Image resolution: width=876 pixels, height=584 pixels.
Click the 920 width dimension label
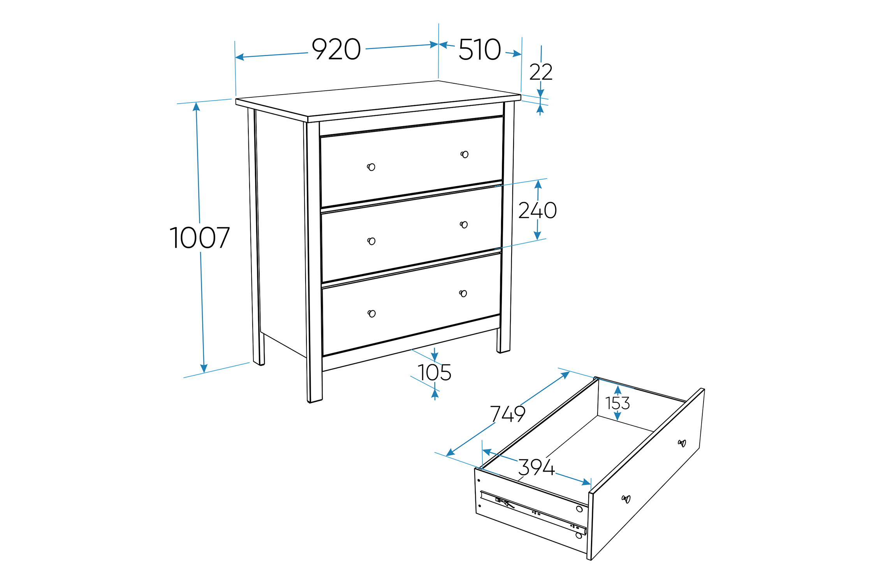(336, 49)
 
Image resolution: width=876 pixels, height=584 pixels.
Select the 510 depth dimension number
(480, 49)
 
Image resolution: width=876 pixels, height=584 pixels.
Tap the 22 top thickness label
(541, 72)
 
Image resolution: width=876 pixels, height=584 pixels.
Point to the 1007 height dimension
(200, 237)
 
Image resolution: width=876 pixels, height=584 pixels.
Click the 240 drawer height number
(538, 210)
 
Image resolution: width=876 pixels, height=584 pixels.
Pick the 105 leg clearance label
(434, 373)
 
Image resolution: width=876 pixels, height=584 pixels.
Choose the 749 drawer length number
(508, 414)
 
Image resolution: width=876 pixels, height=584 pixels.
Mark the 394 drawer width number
(536, 467)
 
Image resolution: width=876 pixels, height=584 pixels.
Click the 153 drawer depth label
(617, 403)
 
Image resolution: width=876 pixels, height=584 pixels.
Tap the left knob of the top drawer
(371, 167)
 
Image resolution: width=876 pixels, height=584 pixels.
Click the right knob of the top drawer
(464, 155)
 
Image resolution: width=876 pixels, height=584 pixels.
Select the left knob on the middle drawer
(371, 241)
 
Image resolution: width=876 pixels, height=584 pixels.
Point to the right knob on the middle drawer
(464, 225)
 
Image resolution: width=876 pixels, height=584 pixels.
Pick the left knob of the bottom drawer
(372, 313)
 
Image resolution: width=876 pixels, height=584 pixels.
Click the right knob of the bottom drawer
(463, 293)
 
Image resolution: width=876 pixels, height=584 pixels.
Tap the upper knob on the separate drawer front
(682, 443)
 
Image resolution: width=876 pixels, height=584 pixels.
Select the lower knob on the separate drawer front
(626, 499)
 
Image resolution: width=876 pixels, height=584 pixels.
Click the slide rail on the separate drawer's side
(533, 512)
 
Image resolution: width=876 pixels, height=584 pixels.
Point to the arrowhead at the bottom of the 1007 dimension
(204, 368)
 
